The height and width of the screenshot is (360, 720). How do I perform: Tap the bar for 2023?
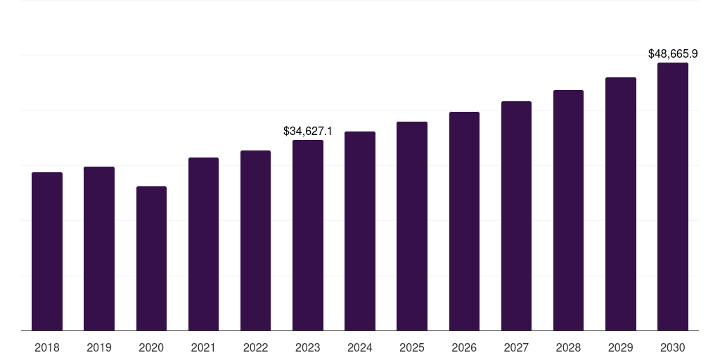point(308,235)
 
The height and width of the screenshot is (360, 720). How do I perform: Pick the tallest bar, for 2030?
point(672,196)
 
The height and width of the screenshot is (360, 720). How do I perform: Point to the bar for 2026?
point(464,221)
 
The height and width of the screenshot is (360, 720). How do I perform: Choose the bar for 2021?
point(203,244)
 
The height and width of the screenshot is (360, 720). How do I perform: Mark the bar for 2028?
point(568,210)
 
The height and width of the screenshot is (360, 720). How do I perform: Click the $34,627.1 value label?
point(308,131)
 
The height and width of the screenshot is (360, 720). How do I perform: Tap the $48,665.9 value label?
point(673,53)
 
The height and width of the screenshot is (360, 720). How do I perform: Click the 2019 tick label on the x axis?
point(99,347)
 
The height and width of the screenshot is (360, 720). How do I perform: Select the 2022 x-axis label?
point(255,347)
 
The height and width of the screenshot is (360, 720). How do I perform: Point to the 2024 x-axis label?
point(360,347)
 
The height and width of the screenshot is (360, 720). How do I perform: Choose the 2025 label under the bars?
point(412,347)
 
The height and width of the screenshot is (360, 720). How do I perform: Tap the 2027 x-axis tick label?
point(516,347)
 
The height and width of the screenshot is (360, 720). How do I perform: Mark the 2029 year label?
point(620,347)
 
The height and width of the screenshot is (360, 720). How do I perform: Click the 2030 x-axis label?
point(672,347)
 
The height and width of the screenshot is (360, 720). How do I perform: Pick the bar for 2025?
point(412,226)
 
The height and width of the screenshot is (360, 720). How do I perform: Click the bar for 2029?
point(620,204)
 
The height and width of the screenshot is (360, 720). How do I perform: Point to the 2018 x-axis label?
point(47,347)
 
